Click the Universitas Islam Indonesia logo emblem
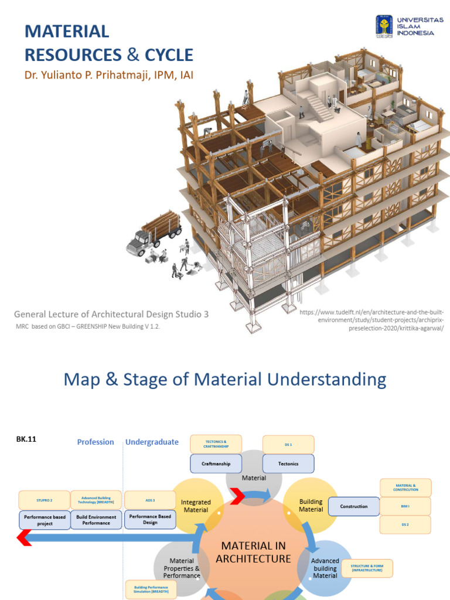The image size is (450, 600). (x=384, y=25)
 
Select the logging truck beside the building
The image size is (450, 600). (x=153, y=233)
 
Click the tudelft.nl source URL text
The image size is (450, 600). (x=375, y=321)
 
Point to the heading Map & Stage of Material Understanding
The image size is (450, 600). (x=224, y=380)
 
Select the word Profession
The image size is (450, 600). (x=96, y=442)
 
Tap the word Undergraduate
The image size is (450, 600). (x=152, y=442)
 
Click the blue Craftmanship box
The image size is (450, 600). (x=216, y=463)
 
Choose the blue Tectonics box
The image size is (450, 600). (x=288, y=463)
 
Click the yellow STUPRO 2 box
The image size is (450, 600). (x=44, y=500)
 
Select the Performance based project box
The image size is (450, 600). (x=44, y=520)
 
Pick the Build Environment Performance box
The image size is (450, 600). (x=96, y=520)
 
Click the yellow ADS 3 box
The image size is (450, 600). (x=150, y=500)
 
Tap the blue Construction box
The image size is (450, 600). (x=354, y=506)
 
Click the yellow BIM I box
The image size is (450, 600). (x=405, y=506)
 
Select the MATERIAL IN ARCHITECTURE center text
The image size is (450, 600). (x=253, y=552)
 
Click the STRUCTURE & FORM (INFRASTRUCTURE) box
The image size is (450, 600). (x=367, y=568)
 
